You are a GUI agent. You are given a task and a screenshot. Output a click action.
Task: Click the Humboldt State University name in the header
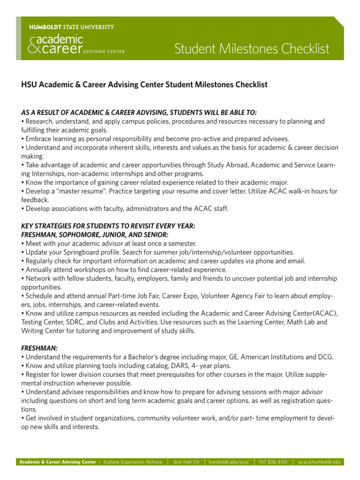tap(71, 27)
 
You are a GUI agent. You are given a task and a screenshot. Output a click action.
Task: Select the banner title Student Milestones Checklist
tap(252, 49)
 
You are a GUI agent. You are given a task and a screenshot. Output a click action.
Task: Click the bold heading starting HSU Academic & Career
tap(144, 85)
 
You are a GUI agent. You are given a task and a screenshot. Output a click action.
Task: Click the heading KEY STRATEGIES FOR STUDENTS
tap(108, 225)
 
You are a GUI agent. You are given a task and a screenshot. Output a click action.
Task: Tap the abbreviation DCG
tap(324, 357)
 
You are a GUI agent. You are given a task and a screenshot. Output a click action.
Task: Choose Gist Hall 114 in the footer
tap(187, 462)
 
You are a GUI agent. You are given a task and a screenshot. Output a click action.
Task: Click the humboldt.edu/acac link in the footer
tap(229, 462)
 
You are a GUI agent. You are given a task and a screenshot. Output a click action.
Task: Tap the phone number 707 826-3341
tap(273, 462)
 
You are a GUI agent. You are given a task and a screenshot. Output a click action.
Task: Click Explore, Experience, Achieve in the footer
tap(133, 462)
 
